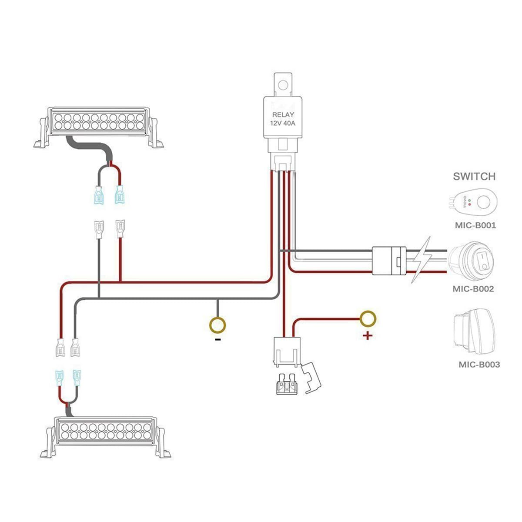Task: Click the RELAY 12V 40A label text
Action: coord(283,119)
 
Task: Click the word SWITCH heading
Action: coord(474,176)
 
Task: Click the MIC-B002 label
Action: coord(473,288)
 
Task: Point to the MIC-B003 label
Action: coord(479,365)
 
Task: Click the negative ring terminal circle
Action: coord(218,324)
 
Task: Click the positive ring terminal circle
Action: coord(368,318)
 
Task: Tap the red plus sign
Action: coord(368,335)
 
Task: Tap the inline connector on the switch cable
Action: coord(389,261)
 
